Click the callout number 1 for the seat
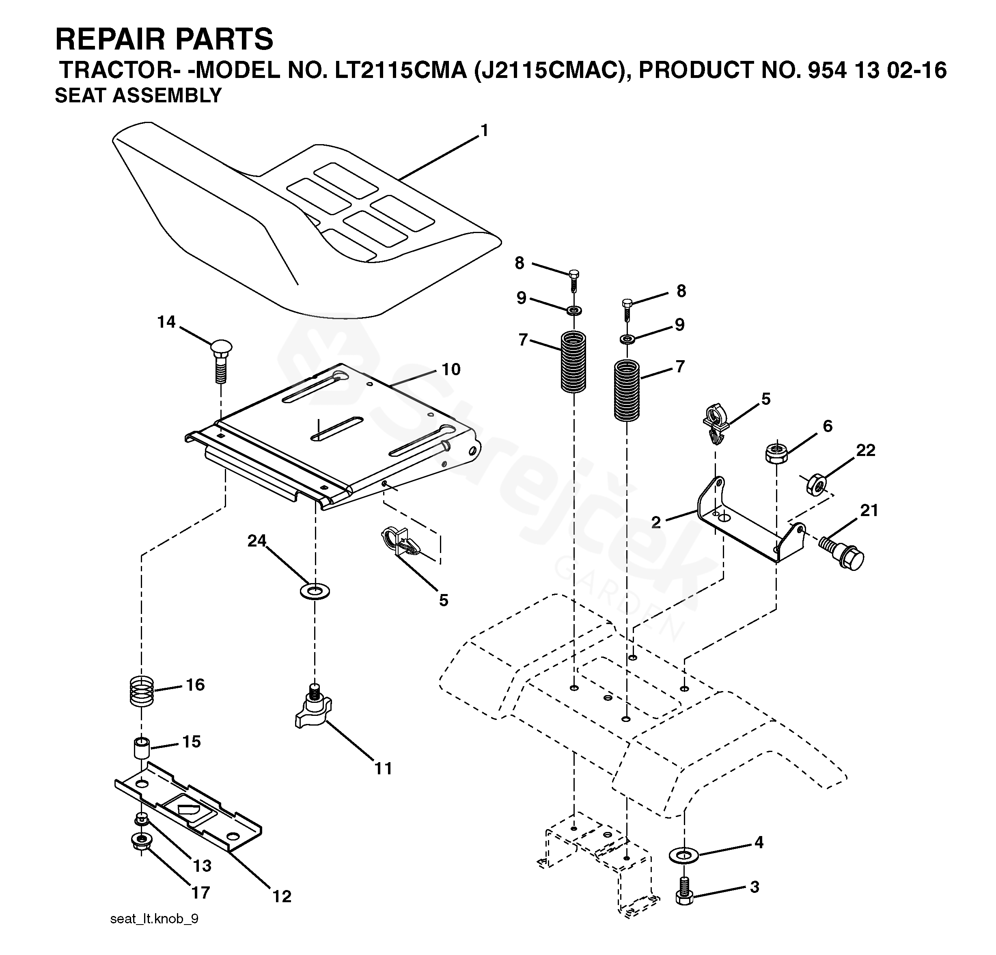point(484,131)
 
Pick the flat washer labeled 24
point(315,591)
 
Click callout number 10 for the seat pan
point(451,369)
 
